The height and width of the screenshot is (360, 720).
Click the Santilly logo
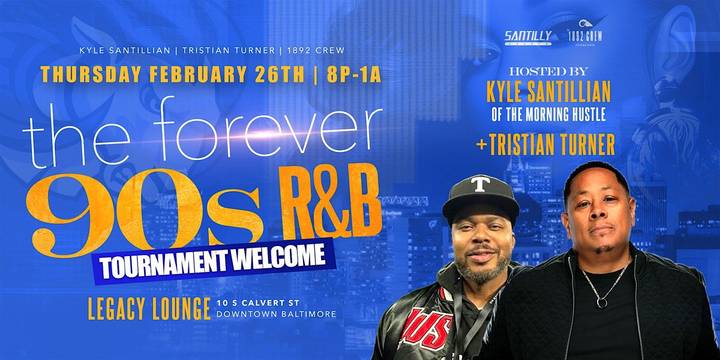tap(528, 37)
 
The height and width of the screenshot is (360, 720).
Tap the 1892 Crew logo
tap(585, 34)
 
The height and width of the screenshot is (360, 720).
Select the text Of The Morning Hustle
tap(548, 114)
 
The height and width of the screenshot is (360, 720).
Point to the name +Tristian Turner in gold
tap(545, 145)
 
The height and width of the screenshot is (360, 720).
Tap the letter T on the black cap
tap(480, 185)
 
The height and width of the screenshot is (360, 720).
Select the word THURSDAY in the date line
tap(91, 74)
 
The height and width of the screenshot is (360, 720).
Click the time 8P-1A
tap(353, 74)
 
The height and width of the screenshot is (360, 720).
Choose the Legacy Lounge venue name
tap(149, 308)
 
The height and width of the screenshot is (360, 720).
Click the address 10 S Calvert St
tap(258, 302)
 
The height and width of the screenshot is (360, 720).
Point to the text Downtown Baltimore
tap(277, 314)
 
